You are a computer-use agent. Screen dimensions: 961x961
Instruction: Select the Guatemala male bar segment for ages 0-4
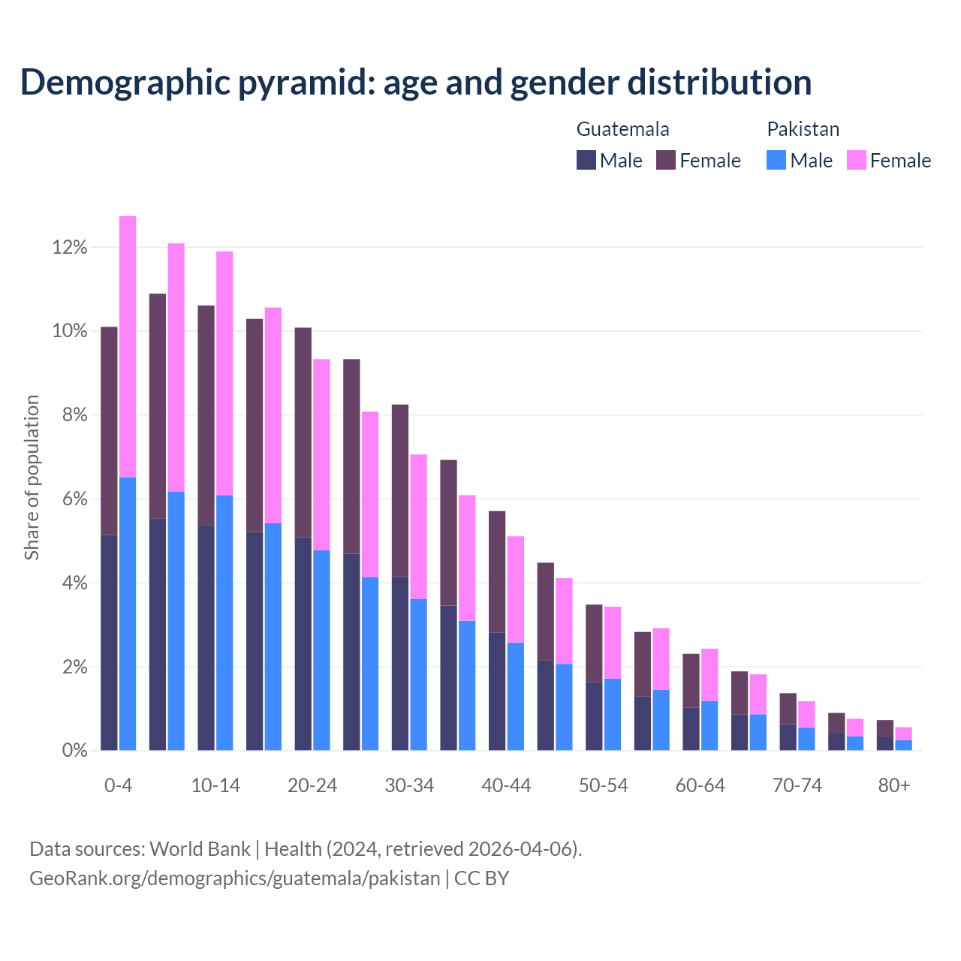point(109,643)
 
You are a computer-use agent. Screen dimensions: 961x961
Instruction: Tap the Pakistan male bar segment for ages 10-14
point(224,622)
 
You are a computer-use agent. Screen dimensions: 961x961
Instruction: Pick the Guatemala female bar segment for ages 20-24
point(303,432)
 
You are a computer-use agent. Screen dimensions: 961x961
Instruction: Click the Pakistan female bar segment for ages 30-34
point(419,526)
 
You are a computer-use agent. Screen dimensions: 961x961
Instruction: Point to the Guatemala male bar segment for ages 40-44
point(497,691)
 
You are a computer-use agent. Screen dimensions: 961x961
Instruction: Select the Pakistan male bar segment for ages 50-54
point(613,714)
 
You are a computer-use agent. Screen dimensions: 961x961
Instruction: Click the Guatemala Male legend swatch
point(586,160)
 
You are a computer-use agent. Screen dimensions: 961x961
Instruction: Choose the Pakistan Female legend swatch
point(857,160)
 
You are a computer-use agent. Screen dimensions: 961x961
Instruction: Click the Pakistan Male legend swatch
point(777,160)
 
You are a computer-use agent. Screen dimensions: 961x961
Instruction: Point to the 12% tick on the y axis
point(70,248)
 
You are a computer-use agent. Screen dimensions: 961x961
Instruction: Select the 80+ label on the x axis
point(894,785)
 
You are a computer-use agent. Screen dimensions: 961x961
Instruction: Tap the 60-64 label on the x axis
point(700,785)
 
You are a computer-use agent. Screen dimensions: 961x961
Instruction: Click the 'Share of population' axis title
point(32,477)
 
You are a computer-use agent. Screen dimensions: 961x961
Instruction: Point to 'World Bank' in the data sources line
point(200,849)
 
